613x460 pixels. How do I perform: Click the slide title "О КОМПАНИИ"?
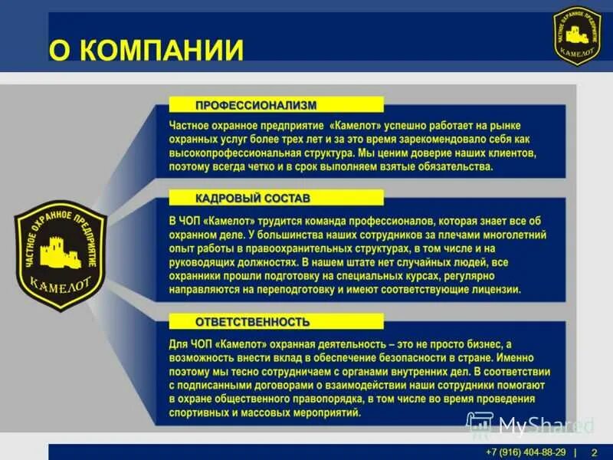point(146,50)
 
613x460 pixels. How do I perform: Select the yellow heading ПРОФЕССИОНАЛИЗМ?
point(255,104)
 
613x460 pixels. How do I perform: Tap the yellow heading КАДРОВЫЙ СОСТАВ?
point(253,199)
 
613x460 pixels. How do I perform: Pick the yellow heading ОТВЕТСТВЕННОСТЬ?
point(252,321)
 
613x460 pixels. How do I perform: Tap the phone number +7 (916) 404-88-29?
point(526,452)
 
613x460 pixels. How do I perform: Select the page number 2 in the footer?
point(593,452)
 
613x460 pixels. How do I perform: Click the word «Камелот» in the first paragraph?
point(357,123)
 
